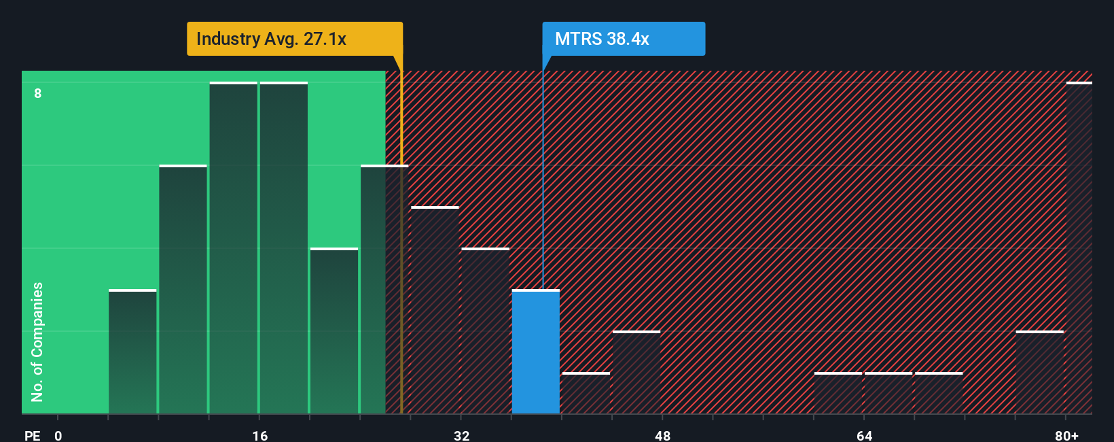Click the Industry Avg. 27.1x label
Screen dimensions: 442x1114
click(x=294, y=39)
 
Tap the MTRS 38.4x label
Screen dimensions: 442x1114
click(x=623, y=39)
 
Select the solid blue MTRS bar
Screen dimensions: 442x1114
click(x=535, y=352)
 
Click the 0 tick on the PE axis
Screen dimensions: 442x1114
click(x=58, y=435)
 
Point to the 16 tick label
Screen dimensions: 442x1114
click(x=259, y=435)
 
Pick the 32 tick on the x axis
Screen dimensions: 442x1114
click(x=461, y=435)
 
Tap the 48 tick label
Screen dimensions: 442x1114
click(x=662, y=435)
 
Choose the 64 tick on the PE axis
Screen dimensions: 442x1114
click(x=864, y=435)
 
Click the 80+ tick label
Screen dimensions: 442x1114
click(x=1066, y=435)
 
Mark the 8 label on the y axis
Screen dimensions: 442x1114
click(x=38, y=93)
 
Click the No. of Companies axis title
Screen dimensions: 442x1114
click(x=37, y=341)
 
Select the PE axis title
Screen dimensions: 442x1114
click(x=32, y=435)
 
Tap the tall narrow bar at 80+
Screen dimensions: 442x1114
click(x=1079, y=248)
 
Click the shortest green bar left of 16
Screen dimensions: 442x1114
click(x=132, y=352)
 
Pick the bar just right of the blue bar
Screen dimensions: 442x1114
click(x=586, y=393)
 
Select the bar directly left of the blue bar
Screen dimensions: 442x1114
click(x=485, y=331)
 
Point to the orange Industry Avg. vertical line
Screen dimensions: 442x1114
click(x=401, y=272)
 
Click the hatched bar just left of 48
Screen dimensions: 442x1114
click(x=636, y=373)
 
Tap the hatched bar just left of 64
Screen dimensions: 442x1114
click(x=838, y=393)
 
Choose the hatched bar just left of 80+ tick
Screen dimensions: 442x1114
click(x=1039, y=373)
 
